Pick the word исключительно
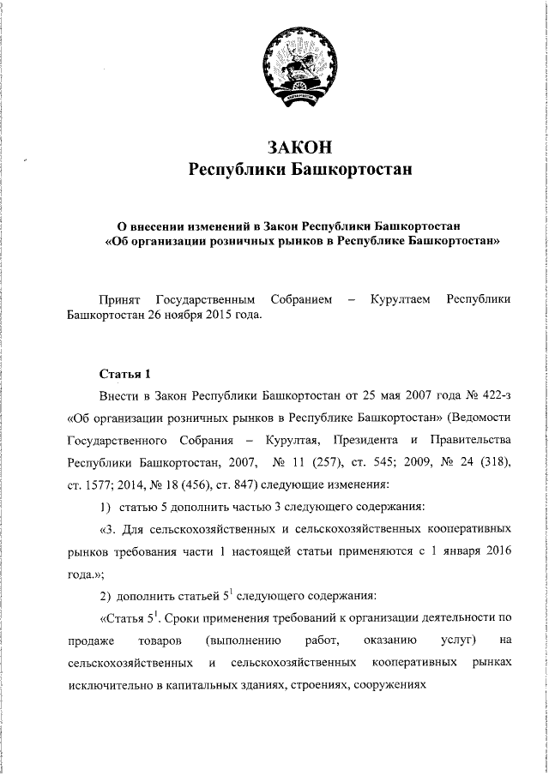click(105, 686)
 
